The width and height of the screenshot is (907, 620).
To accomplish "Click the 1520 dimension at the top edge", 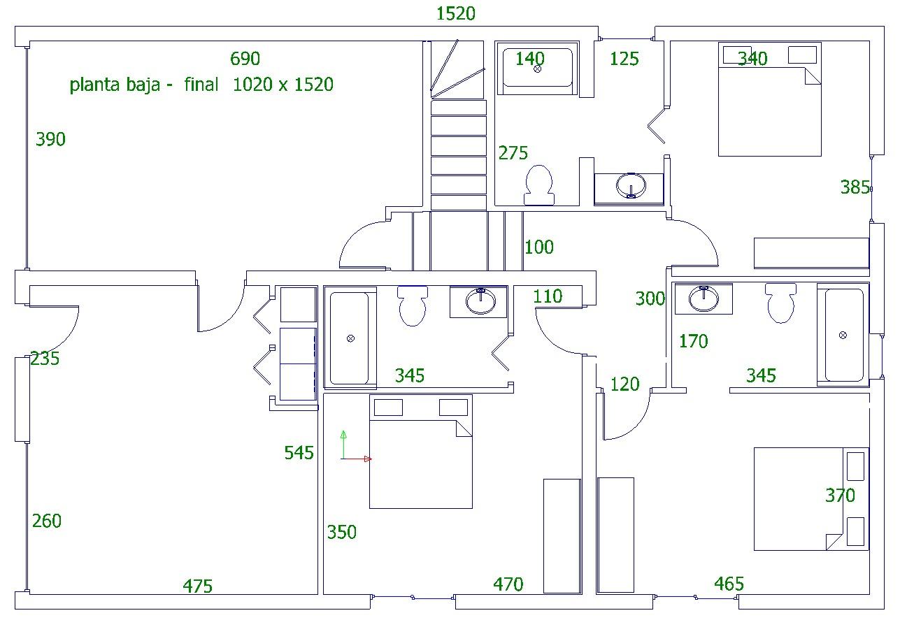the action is point(455,14).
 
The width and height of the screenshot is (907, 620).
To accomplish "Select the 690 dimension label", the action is point(245,59).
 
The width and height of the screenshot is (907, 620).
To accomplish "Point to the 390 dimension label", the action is point(50,139).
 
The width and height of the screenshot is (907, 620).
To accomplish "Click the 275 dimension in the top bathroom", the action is point(513,153).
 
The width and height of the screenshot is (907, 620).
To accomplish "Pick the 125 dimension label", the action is point(624,59).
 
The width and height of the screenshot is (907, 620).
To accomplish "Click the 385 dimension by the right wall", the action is point(855,187).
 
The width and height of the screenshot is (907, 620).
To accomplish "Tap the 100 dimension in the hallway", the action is point(539,247).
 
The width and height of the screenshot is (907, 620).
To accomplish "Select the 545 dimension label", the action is point(299,453).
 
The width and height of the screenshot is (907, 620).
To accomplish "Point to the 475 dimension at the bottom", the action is point(198,586).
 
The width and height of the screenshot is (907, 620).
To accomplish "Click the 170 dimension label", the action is point(694,341).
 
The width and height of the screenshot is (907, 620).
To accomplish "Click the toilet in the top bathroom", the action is point(539,185).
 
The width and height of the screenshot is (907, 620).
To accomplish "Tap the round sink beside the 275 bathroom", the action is point(631,186).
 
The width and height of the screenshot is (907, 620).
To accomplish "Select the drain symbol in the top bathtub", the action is point(538,69).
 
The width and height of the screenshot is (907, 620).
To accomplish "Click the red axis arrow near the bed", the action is point(357,459).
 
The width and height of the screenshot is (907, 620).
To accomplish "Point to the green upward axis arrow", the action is point(343,445).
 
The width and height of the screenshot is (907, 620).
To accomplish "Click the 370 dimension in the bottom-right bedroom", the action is point(840,496).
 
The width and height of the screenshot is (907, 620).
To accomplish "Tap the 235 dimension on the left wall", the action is point(45,359).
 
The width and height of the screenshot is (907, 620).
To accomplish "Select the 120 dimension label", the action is point(624,384).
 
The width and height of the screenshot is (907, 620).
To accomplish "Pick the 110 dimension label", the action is point(548,296).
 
